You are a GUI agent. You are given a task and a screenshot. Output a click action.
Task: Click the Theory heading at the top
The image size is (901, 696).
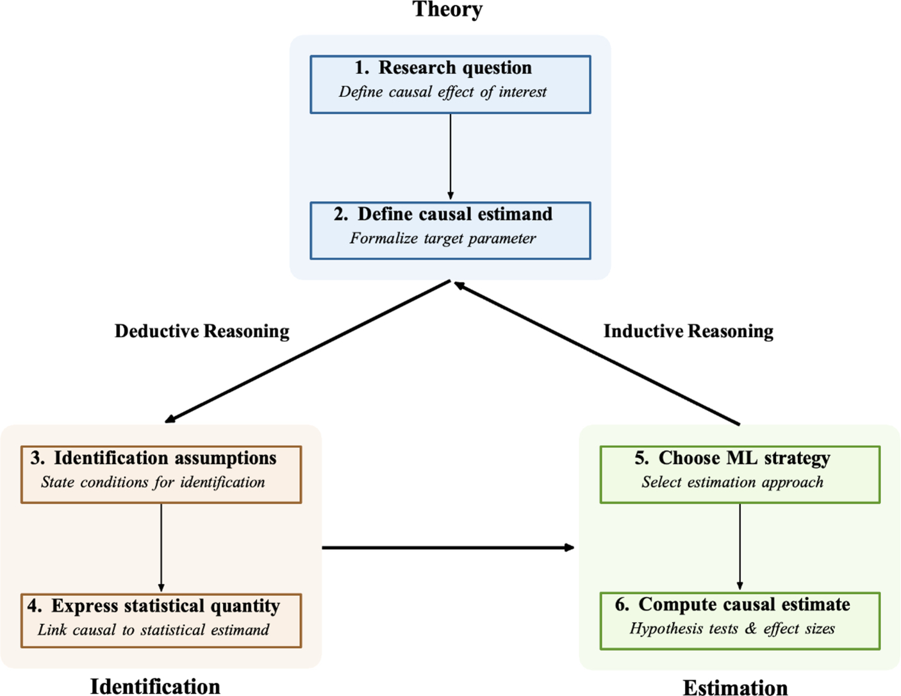coord(447,10)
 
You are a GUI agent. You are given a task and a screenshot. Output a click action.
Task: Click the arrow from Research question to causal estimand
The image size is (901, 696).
coord(450,157)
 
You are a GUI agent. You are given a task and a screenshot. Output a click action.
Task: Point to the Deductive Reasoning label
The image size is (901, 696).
coord(202,331)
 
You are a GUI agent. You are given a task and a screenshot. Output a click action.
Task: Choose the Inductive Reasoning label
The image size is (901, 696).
coord(688,331)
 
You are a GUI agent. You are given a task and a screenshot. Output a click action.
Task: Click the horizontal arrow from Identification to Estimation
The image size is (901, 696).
coord(447,548)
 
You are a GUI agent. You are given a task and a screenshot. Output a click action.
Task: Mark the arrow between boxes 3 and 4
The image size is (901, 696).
coord(161,548)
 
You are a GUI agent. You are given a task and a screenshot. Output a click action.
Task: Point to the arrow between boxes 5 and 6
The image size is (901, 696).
coord(740,547)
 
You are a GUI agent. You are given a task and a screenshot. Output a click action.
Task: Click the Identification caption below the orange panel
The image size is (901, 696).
coord(155,686)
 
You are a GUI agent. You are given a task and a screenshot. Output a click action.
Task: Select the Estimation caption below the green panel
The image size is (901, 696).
coord(735,688)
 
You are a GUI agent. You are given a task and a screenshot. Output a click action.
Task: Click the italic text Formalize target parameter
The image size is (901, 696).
coord(443,239)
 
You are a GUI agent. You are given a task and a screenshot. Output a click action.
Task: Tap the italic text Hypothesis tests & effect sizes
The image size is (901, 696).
coord(732,629)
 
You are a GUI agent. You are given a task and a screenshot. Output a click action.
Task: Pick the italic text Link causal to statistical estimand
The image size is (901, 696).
coord(153,630)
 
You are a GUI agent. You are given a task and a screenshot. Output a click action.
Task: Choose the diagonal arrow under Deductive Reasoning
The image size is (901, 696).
coord(308,351)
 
